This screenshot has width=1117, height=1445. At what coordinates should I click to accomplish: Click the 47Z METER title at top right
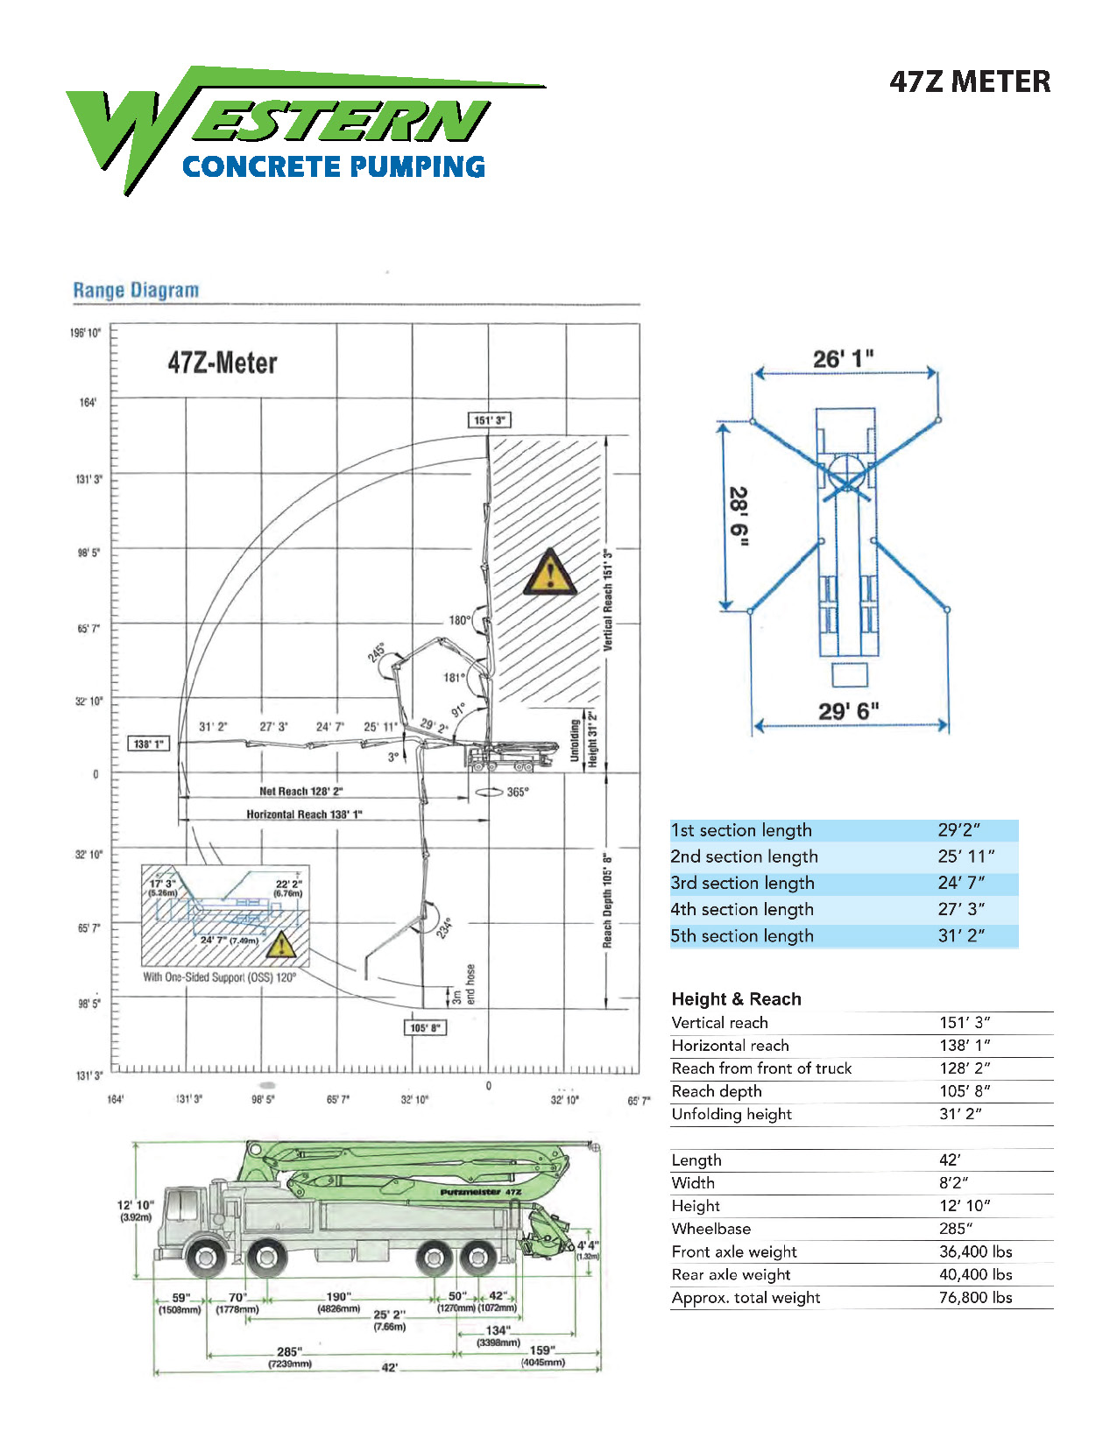969,82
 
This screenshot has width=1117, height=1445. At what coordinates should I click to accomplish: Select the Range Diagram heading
136,290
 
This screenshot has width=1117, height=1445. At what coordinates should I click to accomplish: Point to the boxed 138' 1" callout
147,744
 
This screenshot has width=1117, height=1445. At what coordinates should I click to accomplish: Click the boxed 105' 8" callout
426,1027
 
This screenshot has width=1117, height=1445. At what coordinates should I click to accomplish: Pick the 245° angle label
377,652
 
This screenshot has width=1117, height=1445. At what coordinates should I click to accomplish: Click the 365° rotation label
517,792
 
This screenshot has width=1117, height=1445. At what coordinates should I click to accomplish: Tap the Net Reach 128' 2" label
300,791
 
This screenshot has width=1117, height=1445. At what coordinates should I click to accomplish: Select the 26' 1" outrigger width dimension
843,359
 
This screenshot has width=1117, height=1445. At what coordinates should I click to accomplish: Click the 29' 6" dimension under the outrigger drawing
848,710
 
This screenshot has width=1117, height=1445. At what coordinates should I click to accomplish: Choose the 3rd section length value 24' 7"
961,883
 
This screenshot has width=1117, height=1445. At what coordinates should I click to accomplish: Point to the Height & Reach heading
736,999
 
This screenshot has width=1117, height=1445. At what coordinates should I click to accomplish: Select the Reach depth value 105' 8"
965,1091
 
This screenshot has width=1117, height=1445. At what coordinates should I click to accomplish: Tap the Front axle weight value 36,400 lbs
975,1251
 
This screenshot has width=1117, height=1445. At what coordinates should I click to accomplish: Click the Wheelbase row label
710,1229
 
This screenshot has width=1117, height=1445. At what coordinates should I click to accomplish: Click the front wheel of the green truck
205,1259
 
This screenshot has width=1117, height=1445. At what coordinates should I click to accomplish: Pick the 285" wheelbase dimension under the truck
289,1351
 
